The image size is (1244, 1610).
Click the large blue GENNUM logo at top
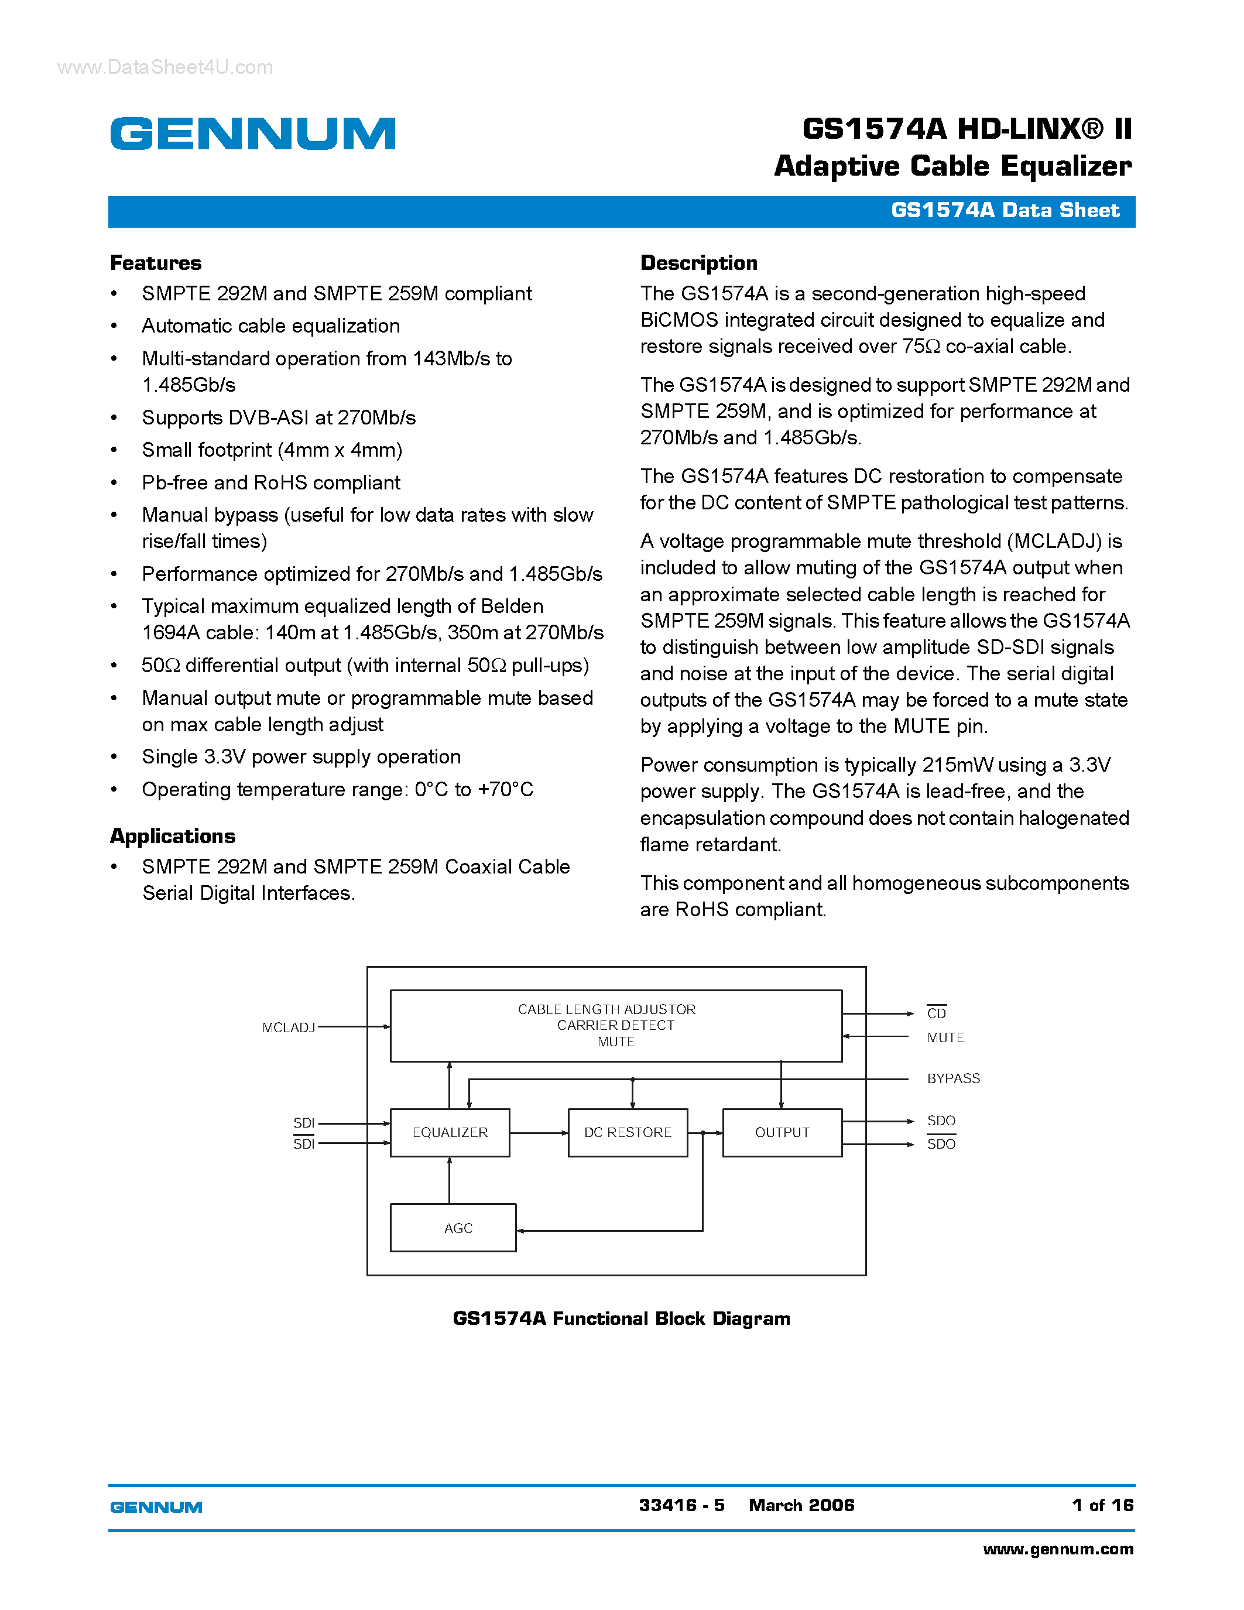click(x=253, y=133)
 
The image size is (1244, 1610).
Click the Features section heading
click(x=156, y=263)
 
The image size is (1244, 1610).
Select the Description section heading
click(x=698, y=263)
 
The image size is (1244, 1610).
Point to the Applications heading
click(x=173, y=836)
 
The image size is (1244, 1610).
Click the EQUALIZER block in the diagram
click(x=450, y=1132)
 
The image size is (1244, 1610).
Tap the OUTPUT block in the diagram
click(x=782, y=1132)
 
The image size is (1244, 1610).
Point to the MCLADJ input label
click(x=288, y=1027)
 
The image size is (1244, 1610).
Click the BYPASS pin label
click(x=953, y=1078)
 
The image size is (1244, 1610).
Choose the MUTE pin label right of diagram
click(x=945, y=1038)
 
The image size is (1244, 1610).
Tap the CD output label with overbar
click(x=937, y=1013)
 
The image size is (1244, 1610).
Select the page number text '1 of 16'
click(x=1102, y=1505)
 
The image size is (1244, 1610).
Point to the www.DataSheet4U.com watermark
click(x=165, y=68)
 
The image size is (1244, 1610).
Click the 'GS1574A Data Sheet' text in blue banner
click(x=1005, y=211)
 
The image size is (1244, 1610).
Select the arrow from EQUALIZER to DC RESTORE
click(x=539, y=1133)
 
